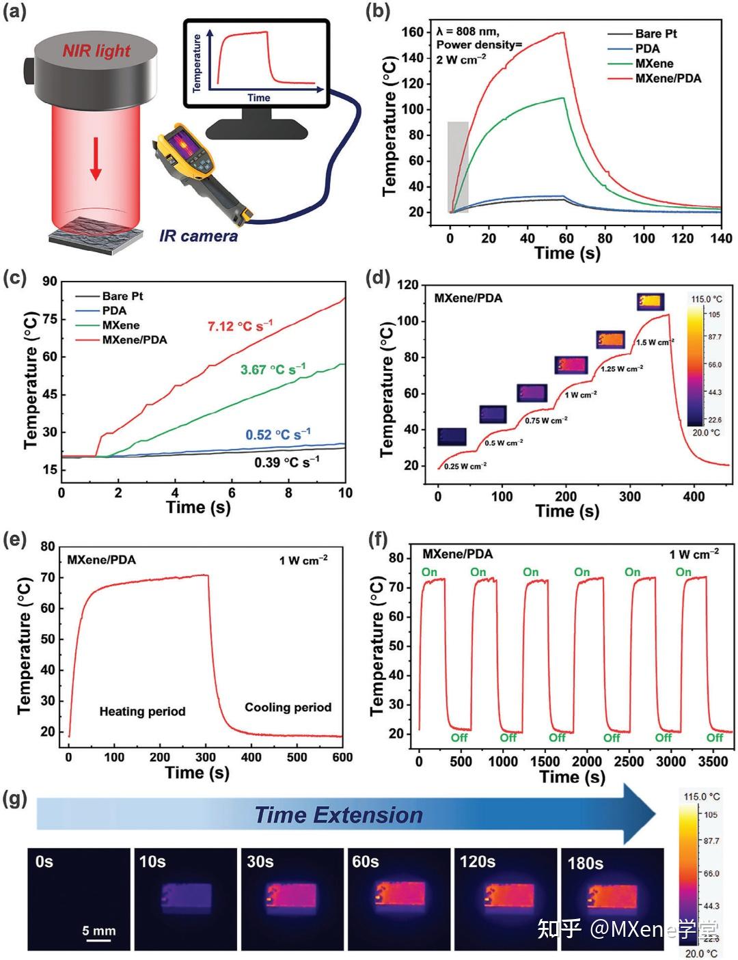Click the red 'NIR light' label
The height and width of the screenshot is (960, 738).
[x=96, y=51]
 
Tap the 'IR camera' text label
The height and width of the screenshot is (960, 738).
[x=198, y=236]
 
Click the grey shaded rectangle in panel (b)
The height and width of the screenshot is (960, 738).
[x=458, y=167]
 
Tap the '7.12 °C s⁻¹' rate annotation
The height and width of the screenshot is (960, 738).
[x=241, y=326]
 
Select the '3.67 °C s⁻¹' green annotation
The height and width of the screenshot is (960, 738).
[x=273, y=369]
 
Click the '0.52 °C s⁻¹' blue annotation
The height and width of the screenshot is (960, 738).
[x=278, y=435]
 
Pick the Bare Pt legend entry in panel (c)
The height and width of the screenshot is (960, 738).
[x=109, y=296]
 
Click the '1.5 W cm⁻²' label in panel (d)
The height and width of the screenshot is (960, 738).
[x=655, y=342]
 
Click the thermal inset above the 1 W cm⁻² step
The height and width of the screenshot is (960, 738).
[x=571, y=366]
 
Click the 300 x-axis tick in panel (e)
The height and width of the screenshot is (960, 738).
[x=206, y=758]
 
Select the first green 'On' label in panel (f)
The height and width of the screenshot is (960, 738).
[x=429, y=573]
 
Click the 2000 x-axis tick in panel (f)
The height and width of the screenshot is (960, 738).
[x=587, y=761]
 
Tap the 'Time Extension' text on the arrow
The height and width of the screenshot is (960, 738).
[x=339, y=815]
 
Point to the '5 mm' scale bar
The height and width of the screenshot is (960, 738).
[x=98, y=940]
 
